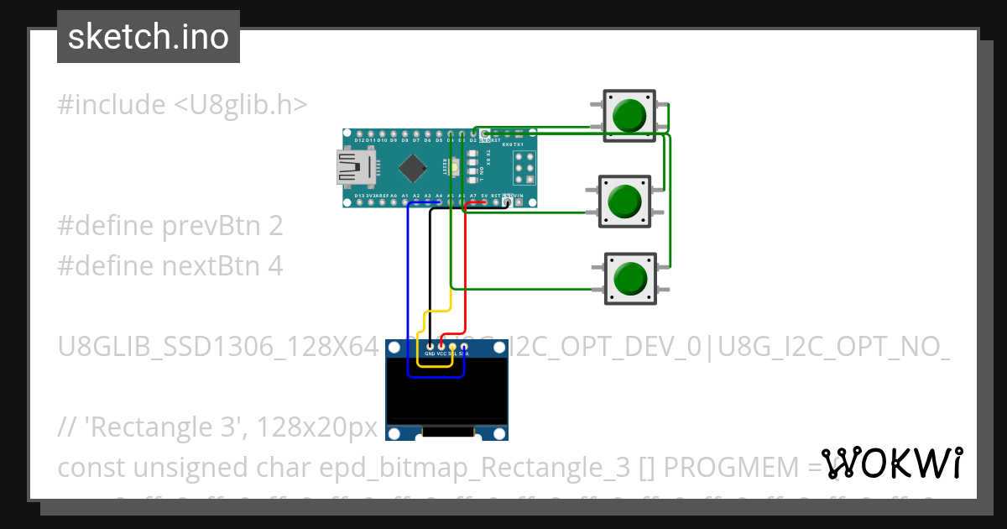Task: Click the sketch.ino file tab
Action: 149,37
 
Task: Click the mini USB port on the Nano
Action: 350,166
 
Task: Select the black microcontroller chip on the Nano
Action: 412,169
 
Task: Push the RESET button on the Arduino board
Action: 454,167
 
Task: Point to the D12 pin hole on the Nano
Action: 360,134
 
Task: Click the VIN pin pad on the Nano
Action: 519,202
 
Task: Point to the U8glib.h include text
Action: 241,105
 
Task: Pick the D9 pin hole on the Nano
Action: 394,134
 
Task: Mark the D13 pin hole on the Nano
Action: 360,202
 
